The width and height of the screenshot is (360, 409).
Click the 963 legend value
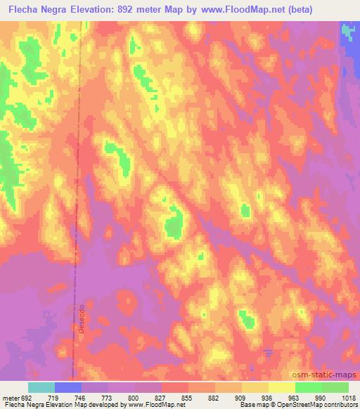coord(295,397)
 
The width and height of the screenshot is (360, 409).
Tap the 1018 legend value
coord(349,397)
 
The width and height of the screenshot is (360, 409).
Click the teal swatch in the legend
coord(41,387)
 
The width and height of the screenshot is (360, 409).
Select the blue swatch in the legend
coord(68,387)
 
